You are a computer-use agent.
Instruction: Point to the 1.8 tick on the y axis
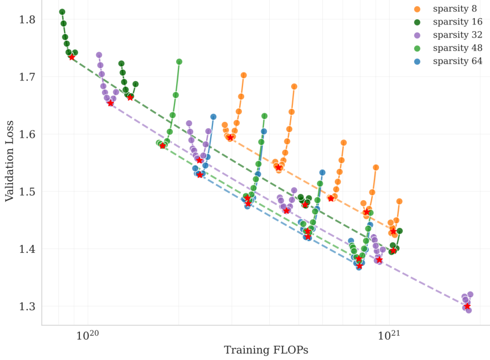[x=27, y=20]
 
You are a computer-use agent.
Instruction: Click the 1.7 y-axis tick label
[x=27, y=77]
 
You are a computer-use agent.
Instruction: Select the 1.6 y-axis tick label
[x=27, y=134]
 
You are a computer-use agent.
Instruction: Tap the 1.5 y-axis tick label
[x=27, y=192]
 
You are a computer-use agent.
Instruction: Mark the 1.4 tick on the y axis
[x=27, y=249]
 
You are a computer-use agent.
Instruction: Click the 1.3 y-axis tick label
[x=27, y=306]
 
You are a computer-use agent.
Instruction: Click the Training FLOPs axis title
[x=266, y=350]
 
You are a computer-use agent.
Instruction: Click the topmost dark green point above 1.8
[x=62, y=12]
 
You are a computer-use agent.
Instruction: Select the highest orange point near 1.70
[x=244, y=75]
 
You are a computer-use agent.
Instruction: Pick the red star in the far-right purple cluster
[x=467, y=306]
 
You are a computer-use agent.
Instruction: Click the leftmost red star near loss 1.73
[x=72, y=57]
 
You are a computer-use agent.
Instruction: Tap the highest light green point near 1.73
[x=179, y=62]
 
